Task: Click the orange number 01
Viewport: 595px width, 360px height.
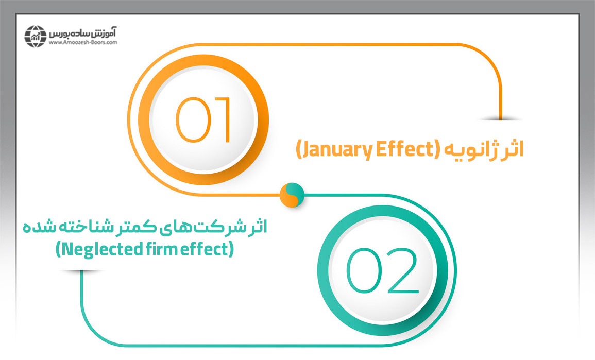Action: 203,120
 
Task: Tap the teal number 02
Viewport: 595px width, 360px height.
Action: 382,270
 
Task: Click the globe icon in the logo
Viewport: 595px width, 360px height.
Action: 36,37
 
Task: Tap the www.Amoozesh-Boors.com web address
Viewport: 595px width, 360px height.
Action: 83,42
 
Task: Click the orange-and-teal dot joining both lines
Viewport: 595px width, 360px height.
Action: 292,195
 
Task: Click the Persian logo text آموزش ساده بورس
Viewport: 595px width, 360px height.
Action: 83,32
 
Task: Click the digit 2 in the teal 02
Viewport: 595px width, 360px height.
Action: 403,270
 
